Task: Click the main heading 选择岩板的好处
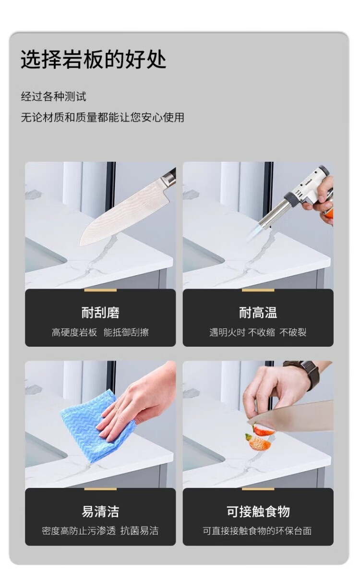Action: pos(93,60)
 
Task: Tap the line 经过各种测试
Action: pos(53,97)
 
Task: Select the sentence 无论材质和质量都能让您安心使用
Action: pos(102,117)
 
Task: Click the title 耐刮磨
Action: pos(100,313)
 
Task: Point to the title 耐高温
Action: pos(258,313)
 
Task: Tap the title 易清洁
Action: pos(100,512)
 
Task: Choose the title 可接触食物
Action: pos(258,512)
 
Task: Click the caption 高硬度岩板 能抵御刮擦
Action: pos(100,332)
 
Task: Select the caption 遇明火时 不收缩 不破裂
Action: pos(258,332)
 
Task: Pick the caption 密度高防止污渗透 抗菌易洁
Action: pos(100,531)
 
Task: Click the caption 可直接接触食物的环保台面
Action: pos(257,531)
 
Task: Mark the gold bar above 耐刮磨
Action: pos(100,290)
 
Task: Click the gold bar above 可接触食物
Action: pos(258,489)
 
